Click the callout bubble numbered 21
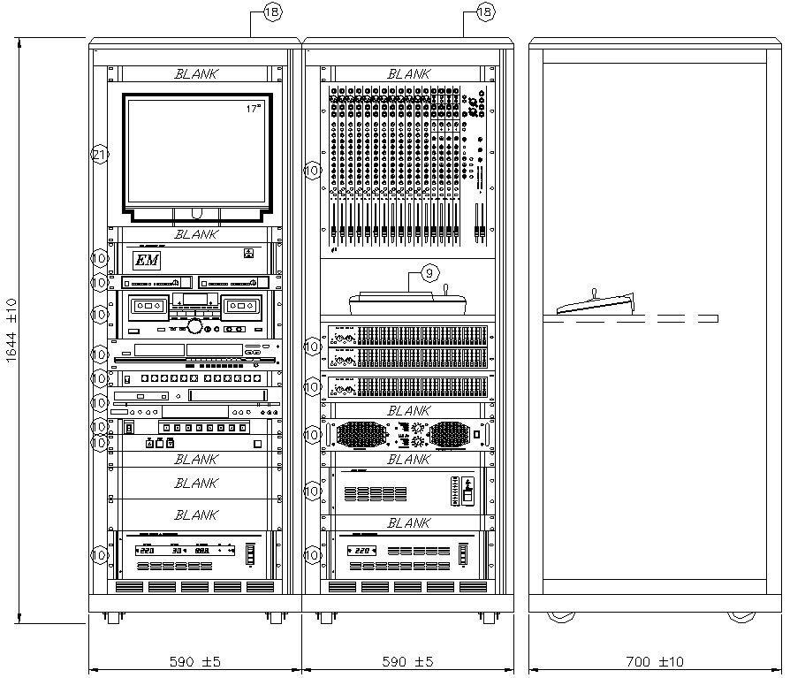(100, 155)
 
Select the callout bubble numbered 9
(429, 273)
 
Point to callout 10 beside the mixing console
(312, 170)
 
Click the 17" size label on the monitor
(254, 109)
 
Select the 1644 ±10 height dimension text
(11, 331)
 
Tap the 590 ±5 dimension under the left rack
(195, 661)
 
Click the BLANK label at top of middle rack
(408, 74)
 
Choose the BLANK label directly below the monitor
(195, 234)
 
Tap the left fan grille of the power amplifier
(361, 435)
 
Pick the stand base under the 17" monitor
(195, 214)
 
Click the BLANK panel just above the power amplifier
(408, 411)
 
